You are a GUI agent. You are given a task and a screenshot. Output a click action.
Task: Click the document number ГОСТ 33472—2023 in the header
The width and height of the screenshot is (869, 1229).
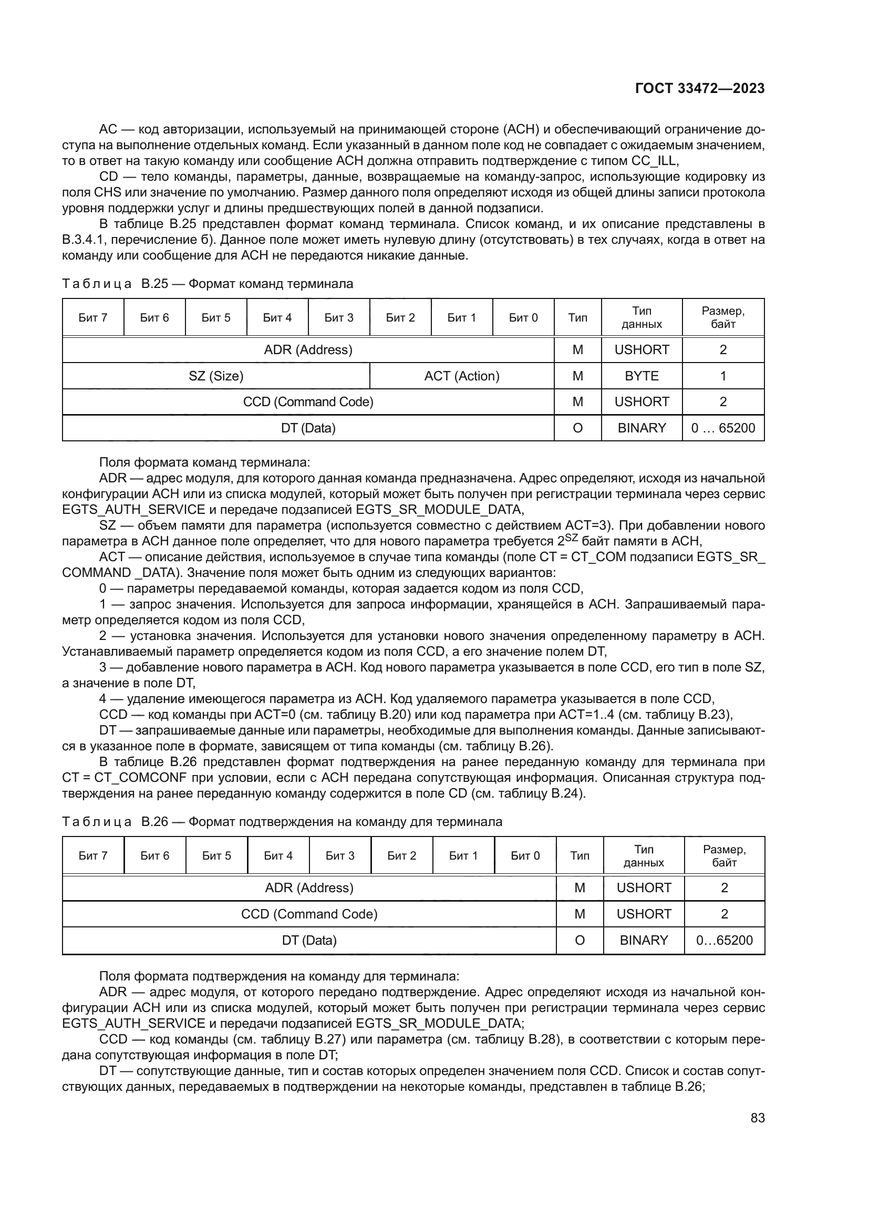tap(699, 88)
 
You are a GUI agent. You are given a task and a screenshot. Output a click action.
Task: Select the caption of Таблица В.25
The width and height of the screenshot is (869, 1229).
tap(208, 284)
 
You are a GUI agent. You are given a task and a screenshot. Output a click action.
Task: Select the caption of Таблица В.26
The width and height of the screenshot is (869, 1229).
tap(282, 822)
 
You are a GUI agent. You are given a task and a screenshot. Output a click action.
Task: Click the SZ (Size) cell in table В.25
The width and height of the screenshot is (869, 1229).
tap(215, 376)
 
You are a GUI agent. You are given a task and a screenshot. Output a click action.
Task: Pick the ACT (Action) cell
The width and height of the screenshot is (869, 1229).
tap(461, 376)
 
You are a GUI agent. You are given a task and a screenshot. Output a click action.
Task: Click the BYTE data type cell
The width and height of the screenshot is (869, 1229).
tap(641, 376)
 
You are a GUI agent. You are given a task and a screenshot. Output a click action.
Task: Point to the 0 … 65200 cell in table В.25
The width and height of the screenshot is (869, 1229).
tap(722, 428)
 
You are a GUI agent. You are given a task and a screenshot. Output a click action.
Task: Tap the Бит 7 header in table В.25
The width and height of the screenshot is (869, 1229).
tap(93, 318)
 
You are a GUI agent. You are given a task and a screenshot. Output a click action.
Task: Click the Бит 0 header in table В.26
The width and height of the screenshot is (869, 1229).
tap(525, 856)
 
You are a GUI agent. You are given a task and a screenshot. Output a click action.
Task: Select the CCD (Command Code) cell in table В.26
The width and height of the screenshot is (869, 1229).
tap(309, 914)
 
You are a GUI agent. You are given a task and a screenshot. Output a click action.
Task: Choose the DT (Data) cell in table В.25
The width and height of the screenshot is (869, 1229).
tap(308, 428)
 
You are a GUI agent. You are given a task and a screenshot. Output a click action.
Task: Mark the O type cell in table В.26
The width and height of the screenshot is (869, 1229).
tap(579, 941)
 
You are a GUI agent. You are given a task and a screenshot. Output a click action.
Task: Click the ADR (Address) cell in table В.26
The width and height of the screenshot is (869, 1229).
tap(309, 888)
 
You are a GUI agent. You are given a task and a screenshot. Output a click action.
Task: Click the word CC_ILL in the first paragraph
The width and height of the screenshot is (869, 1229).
tap(655, 161)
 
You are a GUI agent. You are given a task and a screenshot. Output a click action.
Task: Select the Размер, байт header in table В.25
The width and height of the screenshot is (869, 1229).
tap(722, 318)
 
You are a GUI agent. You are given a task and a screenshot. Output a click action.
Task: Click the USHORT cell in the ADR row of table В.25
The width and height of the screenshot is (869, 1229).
tap(641, 350)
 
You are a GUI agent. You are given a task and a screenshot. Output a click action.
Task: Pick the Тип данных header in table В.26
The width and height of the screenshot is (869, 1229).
tap(643, 856)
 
